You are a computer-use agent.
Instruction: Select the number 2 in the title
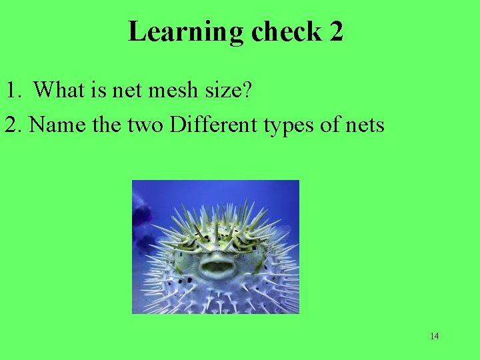335,32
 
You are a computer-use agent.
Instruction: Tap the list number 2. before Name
14,124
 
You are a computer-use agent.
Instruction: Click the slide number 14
434,336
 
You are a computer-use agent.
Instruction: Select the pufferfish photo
215,247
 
